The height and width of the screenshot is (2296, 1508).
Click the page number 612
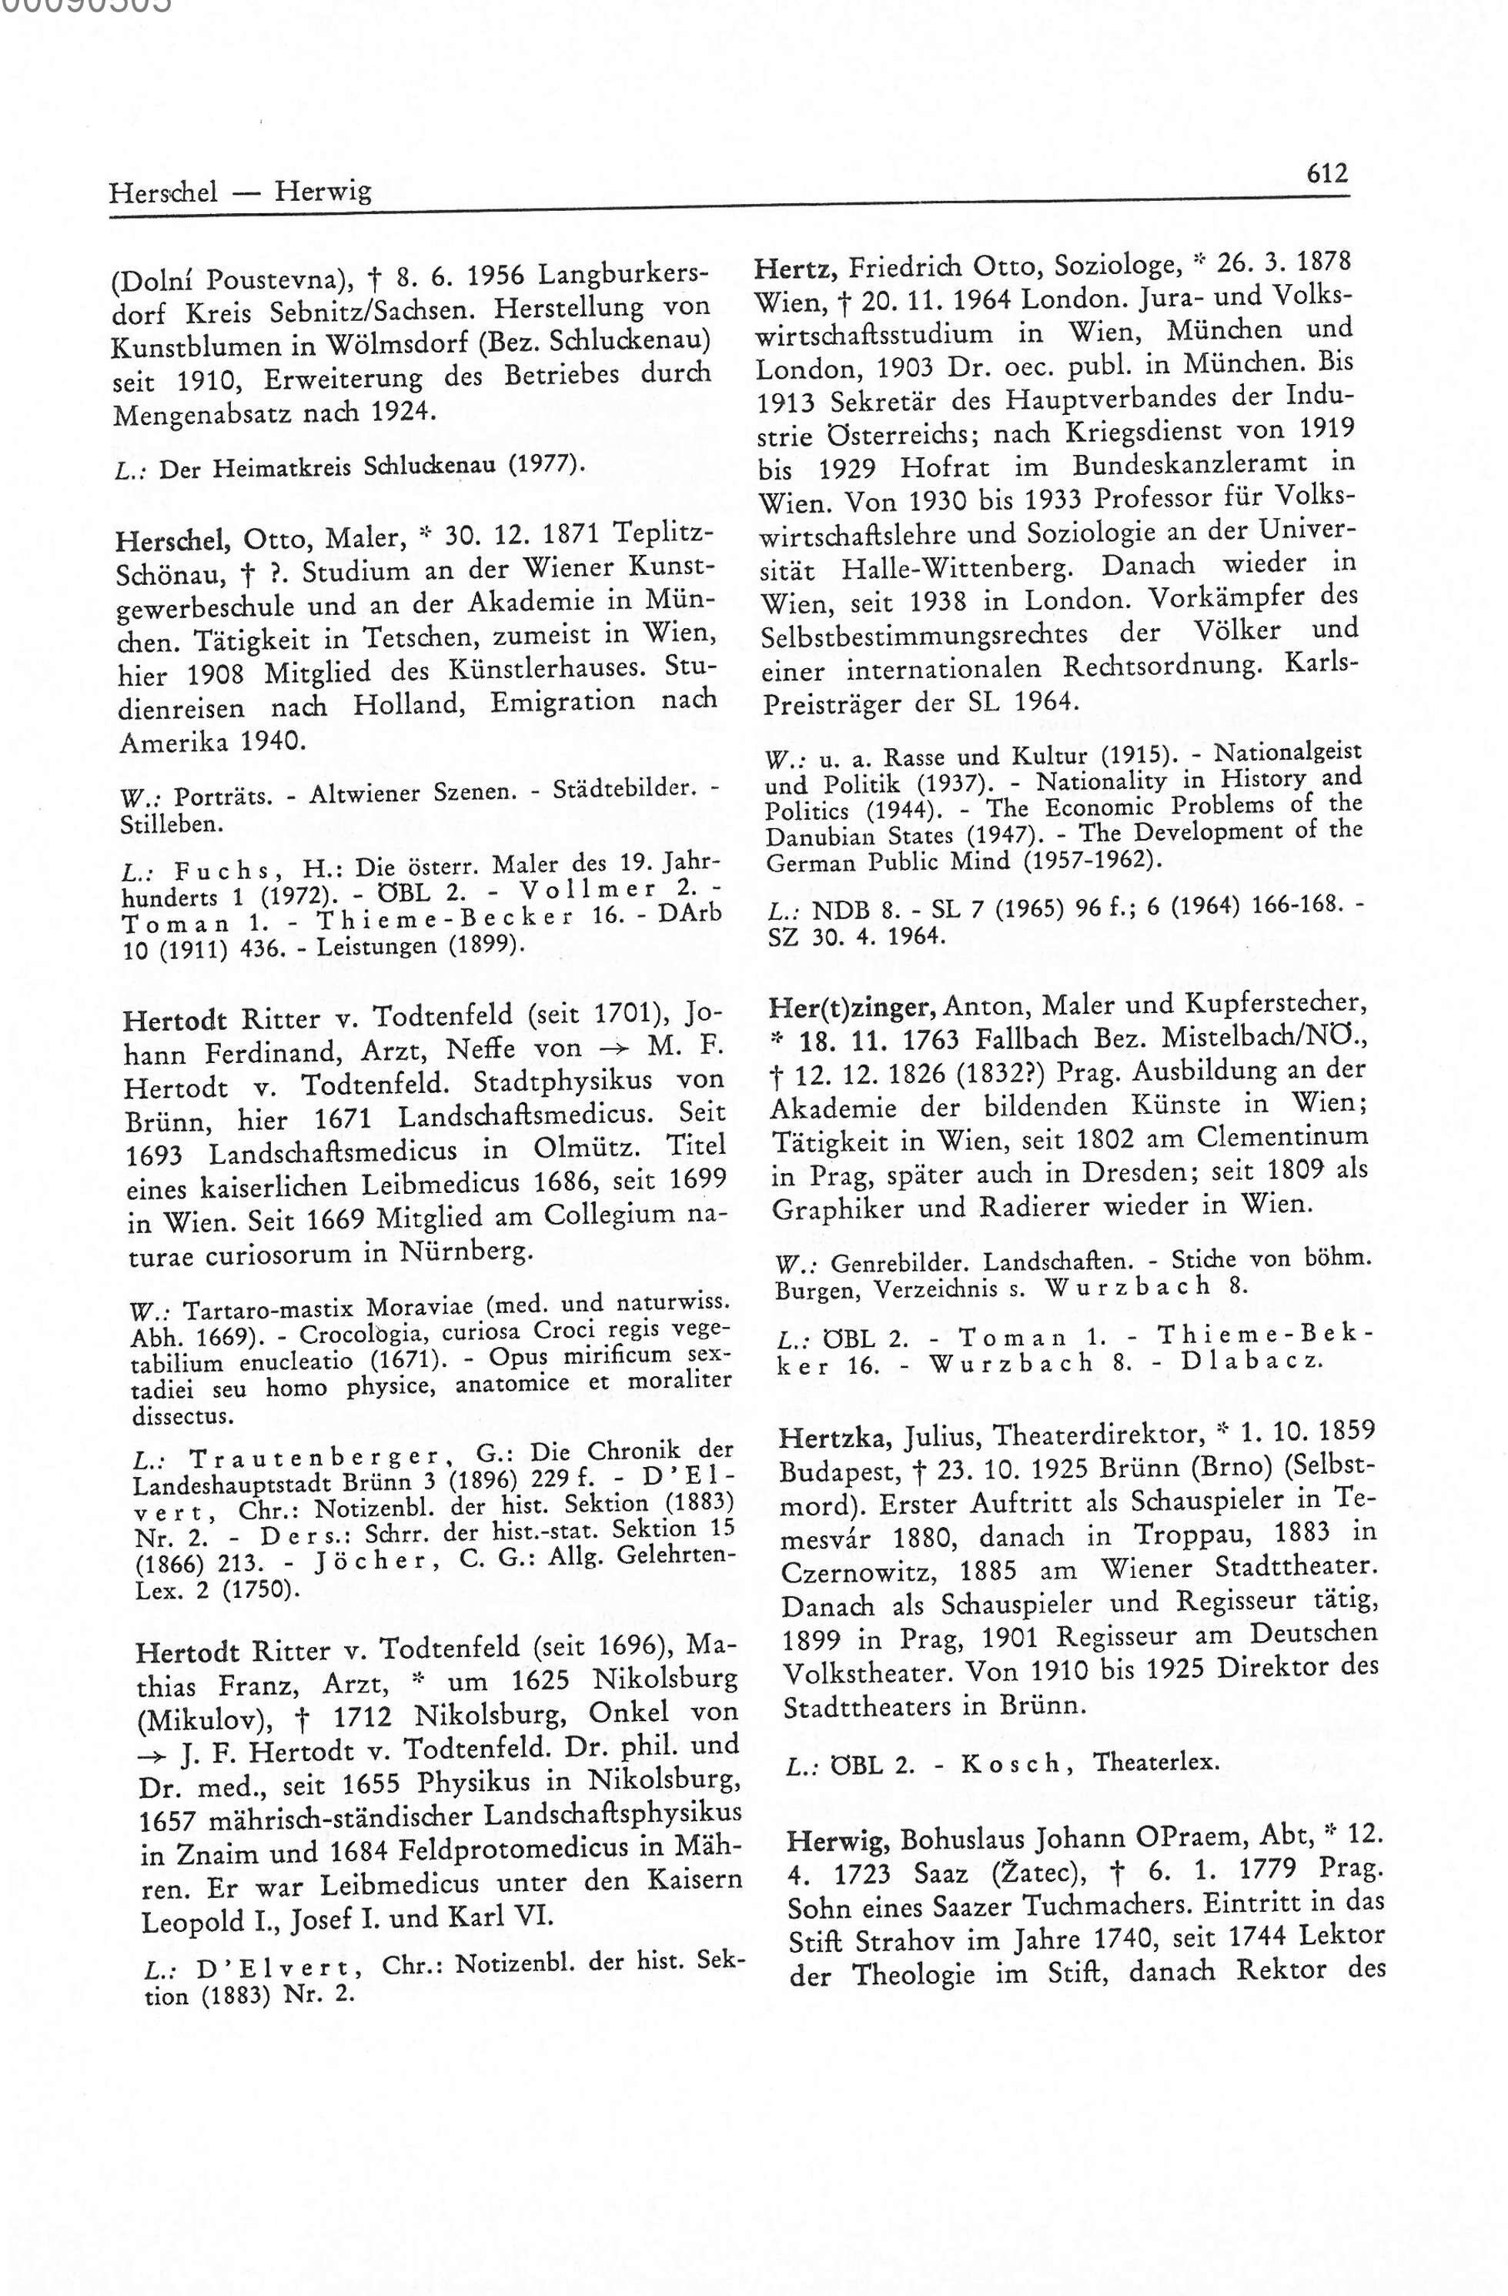tap(1326, 174)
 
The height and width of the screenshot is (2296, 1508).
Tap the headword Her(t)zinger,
tap(850, 1008)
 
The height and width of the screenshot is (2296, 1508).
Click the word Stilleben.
tap(159, 825)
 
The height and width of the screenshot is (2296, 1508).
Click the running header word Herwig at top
tap(323, 192)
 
